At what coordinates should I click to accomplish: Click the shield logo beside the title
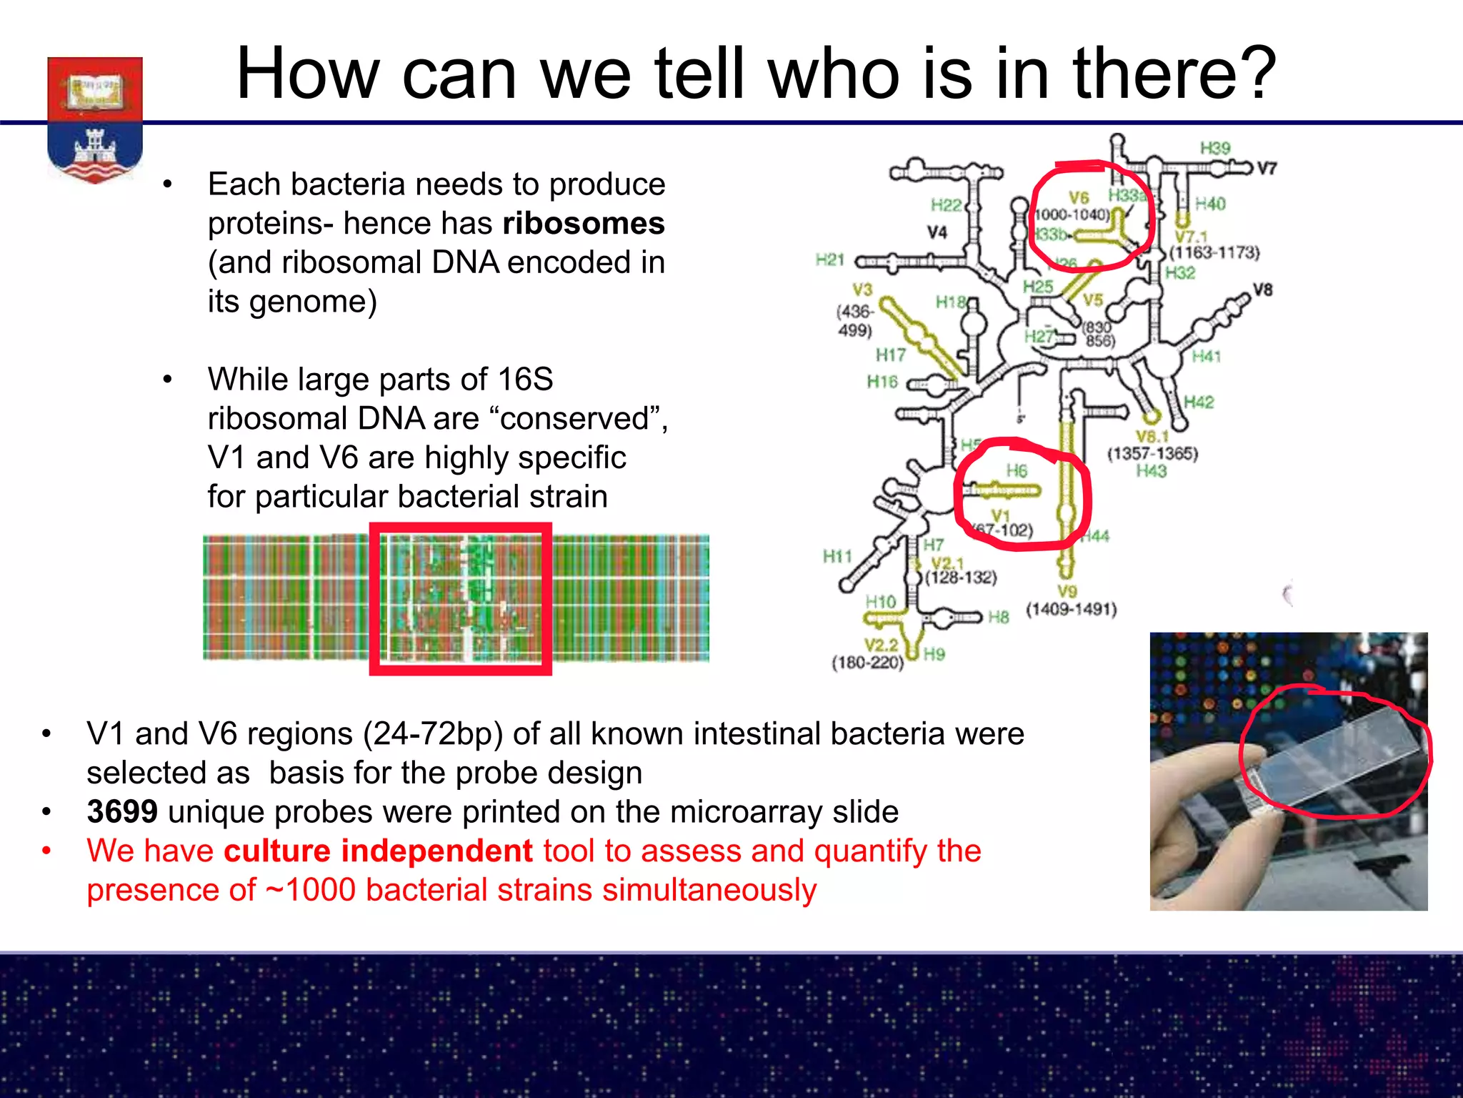pyautogui.click(x=95, y=118)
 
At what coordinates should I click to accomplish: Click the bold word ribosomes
pyautogui.click(x=583, y=224)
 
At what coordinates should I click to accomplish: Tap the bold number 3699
pyautogui.click(x=122, y=812)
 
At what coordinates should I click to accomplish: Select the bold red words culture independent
pyautogui.click(x=378, y=851)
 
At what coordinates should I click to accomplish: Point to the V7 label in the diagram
pyautogui.click(x=1267, y=169)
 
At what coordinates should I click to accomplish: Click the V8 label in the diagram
pyautogui.click(x=1262, y=290)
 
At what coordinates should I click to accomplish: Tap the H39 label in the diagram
pyautogui.click(x=1214, y=149)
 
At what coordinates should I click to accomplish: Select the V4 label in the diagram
pyautogui.click(x=937, y=233)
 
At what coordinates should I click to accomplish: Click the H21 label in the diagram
pyautogui.click(x=829, y=260)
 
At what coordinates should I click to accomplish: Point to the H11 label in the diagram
pyautogui.click(x=837, y=555)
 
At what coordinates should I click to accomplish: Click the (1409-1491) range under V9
pyautogui.click(x=1071, y=610)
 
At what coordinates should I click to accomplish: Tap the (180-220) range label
pyautogui.click(x=867, y=663)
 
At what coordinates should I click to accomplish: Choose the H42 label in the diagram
pyautogui.click(x=1199, y=402)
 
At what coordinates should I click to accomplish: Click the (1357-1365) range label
pyautogui.click(x=1152, y=454)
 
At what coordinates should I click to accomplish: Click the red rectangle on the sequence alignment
pyautogui.click(x=461, y=599)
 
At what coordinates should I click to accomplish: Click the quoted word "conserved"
pyautogui.click(x=579, y=419)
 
